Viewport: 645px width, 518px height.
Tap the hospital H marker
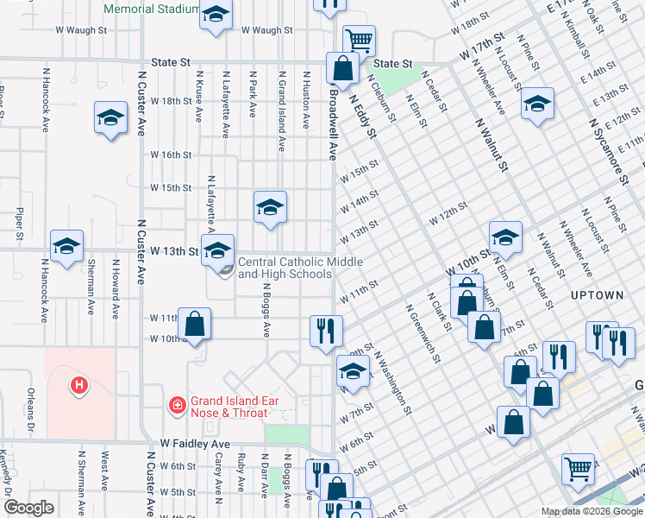[x=79, y=384]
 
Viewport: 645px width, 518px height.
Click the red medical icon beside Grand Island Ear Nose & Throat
[x=177, y=403]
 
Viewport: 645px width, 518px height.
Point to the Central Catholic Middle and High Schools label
[x=299, y=268]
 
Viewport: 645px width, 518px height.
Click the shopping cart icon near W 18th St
[x=359, y=39]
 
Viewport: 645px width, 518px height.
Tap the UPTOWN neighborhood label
[x=597, y=294]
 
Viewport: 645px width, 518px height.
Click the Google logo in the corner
[x=28, y=508]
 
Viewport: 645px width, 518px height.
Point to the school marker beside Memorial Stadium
[x=216, y=15]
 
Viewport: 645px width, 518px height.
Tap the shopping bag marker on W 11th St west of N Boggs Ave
[x=195, y=325]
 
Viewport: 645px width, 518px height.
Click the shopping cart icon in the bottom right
[x=578, y=469]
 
